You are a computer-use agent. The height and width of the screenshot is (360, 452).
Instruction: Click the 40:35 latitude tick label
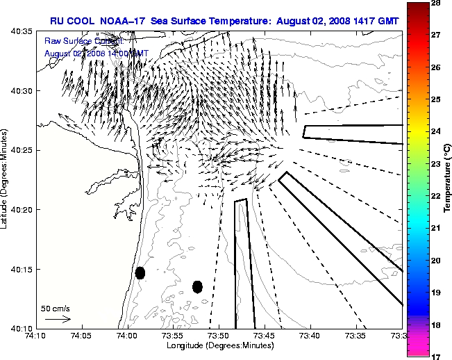pos(22,32)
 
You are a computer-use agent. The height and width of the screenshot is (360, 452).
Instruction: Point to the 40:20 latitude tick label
pos(22,209)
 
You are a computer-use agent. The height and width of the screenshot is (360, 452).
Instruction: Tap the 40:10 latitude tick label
pos(22,328)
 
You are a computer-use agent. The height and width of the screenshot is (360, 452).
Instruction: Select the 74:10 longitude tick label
pos(36,336)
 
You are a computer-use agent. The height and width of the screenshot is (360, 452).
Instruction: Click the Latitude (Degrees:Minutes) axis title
pos(6,180)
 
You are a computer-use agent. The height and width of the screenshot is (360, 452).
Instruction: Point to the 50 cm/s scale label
pos(56,308)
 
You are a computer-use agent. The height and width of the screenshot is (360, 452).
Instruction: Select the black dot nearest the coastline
pos(140,273)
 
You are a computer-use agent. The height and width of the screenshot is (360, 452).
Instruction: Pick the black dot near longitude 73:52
pos(197,286)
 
